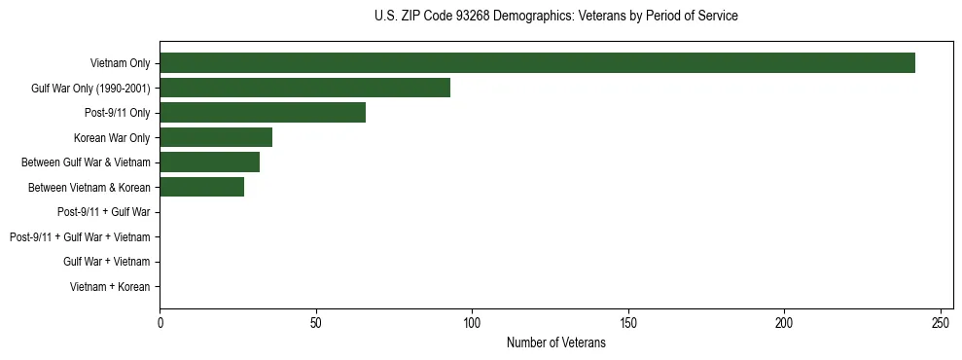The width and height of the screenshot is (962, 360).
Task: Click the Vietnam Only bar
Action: click(537, 63)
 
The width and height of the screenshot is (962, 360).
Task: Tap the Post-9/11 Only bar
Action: click(263, 113)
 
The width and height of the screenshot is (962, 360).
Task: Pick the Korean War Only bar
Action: click(216, 137)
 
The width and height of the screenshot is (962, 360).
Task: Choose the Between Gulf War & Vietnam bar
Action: click(209, 162)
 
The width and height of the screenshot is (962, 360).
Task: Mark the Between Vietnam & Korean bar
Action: click(201, 187)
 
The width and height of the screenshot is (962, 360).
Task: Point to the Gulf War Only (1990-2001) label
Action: click(90, 89)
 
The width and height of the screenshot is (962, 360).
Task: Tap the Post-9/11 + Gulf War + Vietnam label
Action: click(80, 236)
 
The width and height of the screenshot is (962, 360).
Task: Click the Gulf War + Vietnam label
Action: click(107, 262)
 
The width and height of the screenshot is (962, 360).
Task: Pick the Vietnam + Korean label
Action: click(110, 286)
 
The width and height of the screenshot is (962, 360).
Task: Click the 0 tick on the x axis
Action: click(160, 322)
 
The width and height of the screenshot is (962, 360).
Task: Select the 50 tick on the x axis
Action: click(316, 322)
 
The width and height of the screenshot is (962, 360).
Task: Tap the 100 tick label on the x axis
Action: click(472, 322)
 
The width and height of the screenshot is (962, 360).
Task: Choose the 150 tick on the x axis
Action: click(628, 322)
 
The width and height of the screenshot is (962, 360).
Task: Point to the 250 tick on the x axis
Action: click(941, 322)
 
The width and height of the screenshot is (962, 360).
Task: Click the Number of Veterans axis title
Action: click(556, 342)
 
